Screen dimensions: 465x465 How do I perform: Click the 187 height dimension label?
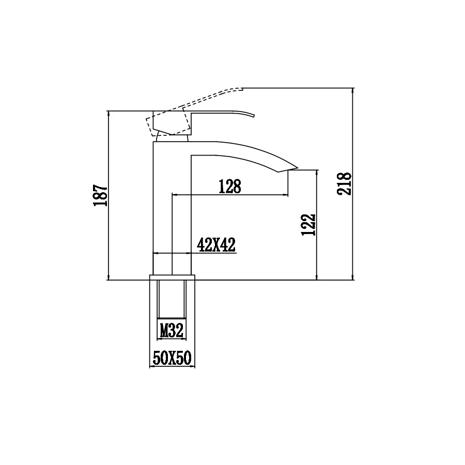(100, 196)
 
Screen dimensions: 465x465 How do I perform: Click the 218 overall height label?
(345, 183)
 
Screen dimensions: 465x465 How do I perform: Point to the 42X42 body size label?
(216, 245)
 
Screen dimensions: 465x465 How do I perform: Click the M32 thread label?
(172, 331)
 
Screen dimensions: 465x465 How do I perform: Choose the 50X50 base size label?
(172, 358)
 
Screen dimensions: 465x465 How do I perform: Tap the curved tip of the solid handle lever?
(253, 114)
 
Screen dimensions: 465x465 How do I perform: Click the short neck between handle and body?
(172, 138)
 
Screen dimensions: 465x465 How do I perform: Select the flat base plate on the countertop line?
(173, 277)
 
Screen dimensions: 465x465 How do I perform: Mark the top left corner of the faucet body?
(154, 143)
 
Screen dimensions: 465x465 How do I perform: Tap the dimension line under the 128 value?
(230, 195)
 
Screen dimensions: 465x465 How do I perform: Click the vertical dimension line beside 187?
(109, 233)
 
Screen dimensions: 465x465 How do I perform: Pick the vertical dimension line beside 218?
(353, 233)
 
